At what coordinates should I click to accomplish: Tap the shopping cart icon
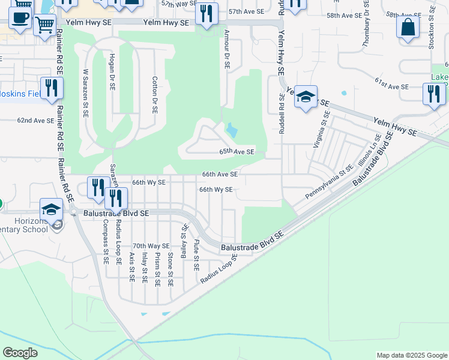45,26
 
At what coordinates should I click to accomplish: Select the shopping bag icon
408,27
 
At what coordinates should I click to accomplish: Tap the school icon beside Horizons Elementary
52,209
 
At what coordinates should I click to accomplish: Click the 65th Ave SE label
237,152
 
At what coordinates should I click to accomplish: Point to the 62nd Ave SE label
35,121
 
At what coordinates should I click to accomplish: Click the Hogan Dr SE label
112,70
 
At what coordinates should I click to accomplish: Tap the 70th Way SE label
151,246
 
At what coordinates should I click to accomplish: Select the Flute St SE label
196,254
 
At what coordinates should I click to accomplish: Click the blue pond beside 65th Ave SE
231,129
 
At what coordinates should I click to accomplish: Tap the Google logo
20,352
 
